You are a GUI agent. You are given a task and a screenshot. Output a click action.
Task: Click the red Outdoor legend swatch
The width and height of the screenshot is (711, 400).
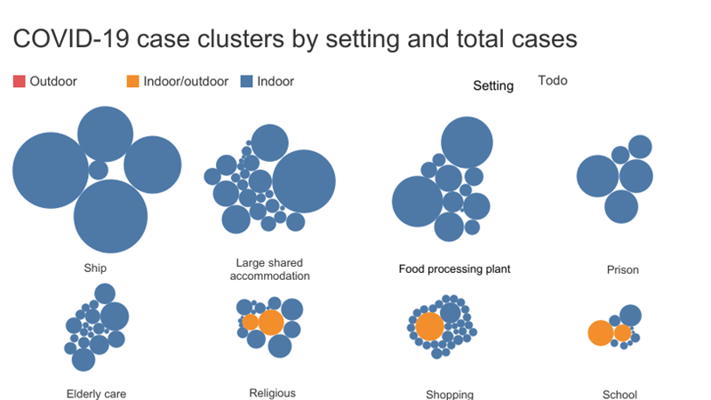click(x=19, y=82)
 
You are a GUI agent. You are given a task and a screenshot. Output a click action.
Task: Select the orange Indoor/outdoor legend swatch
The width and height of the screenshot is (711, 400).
click(x=132, y=82)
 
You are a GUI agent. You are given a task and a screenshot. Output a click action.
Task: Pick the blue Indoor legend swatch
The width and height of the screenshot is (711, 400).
click(x=247, y=82)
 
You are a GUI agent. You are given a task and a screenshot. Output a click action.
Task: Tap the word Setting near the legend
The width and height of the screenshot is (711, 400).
click(x=493, y=86)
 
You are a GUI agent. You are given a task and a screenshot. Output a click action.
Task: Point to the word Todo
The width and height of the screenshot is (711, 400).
click(x=553, y=81)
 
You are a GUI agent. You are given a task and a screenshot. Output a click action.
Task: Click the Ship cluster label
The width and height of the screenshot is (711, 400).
click(x=95, y=268)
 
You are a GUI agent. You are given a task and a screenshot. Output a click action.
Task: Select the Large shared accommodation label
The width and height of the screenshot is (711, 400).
click(x=269, y=269)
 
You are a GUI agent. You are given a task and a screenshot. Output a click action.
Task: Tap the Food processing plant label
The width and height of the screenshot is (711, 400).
click(x=455, y=268)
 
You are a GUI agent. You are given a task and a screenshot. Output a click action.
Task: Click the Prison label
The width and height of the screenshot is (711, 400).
click(x=622, y=269)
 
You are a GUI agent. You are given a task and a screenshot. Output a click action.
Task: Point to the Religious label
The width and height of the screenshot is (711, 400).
click(x=272, y=393)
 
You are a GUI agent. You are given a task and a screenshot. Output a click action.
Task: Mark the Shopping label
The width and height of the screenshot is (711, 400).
click(x=450, y=394)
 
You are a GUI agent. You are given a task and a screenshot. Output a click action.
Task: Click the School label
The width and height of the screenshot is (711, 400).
click(x=619, y=394)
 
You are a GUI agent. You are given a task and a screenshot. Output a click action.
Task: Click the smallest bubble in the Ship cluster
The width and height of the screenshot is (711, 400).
click(x=99, y=169)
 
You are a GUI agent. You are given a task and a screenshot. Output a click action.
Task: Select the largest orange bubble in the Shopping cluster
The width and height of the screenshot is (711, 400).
click(x=429, y=326)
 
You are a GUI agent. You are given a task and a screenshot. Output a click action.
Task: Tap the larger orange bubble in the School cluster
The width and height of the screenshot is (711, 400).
click(x=601, y=333)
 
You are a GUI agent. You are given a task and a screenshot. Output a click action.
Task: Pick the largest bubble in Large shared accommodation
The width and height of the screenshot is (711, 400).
click(x=304, y=181)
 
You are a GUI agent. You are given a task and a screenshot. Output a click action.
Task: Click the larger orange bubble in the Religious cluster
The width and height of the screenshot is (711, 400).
click(x=270, y=323)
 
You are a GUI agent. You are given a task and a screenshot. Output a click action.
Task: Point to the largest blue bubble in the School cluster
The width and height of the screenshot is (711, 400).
click(x=630, y=315)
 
